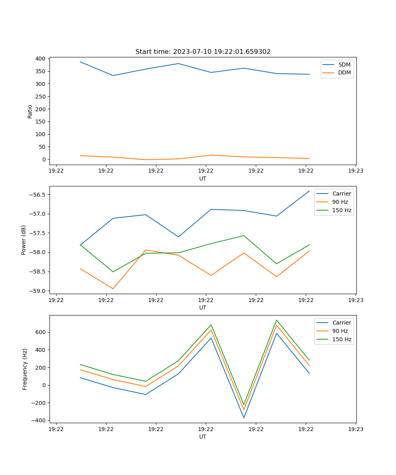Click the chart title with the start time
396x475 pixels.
click(x=203, y=52)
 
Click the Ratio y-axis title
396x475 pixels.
click(x=30, y=111)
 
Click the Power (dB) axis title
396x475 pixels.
click(x=24, y=240)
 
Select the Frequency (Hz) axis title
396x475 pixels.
click(x=25, y=369)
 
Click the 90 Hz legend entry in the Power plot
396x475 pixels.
click(x=340, y=202)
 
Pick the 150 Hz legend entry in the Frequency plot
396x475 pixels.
click(x=342, y=339)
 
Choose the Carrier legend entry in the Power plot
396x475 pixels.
click(x=342, y=194)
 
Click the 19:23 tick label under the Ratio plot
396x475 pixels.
click(x=356, y=171)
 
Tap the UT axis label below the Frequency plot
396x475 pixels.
click(x=203, y=437)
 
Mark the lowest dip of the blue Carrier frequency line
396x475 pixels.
click(x=244, y=418)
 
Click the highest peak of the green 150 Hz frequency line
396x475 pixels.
click(x=276, y=320)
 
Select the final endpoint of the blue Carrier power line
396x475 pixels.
click(x=309, y=191)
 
